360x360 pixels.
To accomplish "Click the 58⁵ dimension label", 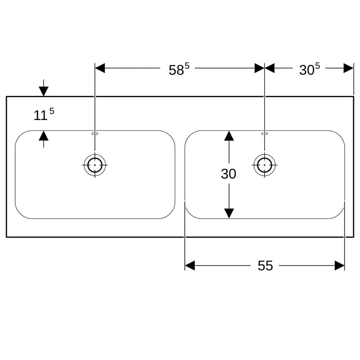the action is (179, 69).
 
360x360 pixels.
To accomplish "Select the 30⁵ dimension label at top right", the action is (309, 69).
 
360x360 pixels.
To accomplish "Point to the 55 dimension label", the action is (265, 266).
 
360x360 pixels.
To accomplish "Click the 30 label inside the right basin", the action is (228, 174).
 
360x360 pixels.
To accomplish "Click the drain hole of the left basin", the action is (95, 165).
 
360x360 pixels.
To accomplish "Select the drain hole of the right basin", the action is (264, 165).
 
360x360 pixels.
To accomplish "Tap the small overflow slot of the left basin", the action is (95, 134).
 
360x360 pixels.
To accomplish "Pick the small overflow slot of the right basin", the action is (264, 134).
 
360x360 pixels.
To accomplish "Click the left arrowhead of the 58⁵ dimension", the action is (100, 68).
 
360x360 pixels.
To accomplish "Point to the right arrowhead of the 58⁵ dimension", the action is (260, 68).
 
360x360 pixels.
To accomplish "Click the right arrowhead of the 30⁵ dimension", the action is (348, 68).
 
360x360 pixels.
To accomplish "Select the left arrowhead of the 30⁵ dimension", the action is (270, 68).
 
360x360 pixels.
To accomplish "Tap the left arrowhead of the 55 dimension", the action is (190, 266).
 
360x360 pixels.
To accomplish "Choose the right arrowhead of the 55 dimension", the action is (340, 266).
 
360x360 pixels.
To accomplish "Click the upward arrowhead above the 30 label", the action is (229, 136).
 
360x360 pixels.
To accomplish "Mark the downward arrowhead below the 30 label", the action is (229, 213).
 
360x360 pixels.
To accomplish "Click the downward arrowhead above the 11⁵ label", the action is (44, 91).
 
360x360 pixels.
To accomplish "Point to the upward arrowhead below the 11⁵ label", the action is (44, 136).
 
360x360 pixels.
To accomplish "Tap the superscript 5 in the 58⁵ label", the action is (187, 66).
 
